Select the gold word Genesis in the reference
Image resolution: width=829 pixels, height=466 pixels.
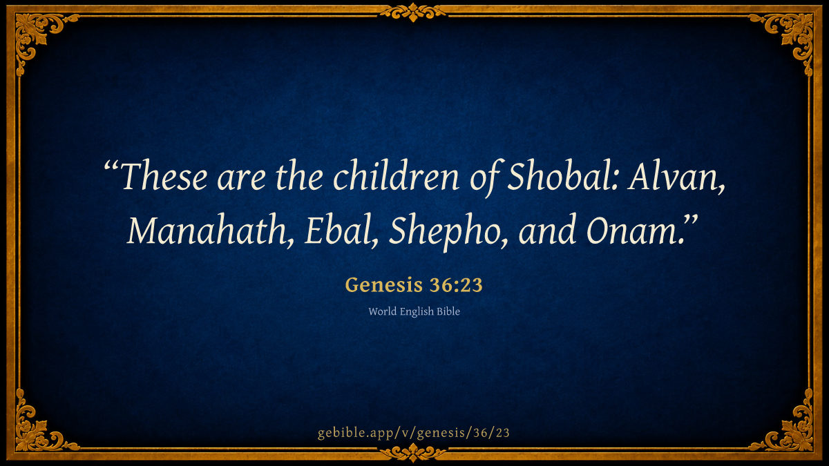[x=384, y=284]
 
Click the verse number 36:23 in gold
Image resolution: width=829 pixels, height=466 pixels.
[x=457, y=284]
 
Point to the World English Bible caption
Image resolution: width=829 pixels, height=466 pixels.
[x=414, y=311]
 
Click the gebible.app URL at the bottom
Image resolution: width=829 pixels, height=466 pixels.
[x=414, y=433]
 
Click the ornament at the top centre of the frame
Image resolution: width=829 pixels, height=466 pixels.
[x=413, y=12]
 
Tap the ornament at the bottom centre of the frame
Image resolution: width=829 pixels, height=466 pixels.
[x=413, y=453]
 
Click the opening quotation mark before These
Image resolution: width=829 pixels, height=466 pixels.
[x=111, y=166]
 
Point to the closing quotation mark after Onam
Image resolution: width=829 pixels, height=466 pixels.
[x=690, y=221]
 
